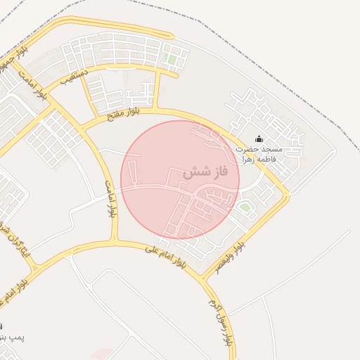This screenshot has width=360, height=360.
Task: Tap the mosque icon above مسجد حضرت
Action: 259,139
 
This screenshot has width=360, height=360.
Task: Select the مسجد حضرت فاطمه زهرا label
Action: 258,154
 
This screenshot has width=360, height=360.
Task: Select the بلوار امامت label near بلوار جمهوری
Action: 33,82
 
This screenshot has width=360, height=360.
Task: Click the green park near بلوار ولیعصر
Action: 245,207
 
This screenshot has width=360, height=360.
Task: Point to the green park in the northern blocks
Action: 172,60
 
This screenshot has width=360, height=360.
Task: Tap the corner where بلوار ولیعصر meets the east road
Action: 287,195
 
